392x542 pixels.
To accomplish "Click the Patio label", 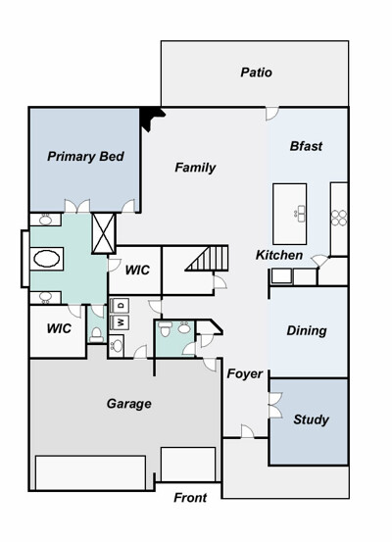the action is coord(256,73).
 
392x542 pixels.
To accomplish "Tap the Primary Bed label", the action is coord(85,156).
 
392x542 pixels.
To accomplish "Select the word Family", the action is coord(195,168).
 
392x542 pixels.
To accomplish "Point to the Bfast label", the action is coord(306,146).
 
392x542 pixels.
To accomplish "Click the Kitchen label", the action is coord(279,255).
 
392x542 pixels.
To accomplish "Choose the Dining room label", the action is coord(307,331).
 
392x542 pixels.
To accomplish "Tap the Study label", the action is coord(311,419).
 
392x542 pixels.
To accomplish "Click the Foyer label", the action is coord(245,373).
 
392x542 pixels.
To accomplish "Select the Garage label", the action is coord(129,404).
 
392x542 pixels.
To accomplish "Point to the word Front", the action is coord(190,498).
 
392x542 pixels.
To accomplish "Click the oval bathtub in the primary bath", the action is coord(47,259).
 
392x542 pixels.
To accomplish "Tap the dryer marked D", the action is coord(120,305).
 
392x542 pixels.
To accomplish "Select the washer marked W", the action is coord(120,322).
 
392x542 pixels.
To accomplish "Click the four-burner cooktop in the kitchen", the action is coord(339,219).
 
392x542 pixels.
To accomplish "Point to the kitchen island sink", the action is coord(300,214).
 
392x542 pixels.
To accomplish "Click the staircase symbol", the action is coord(207,258).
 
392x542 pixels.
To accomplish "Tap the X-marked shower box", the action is coord(103,233).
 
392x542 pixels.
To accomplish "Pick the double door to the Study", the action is coord(275,405).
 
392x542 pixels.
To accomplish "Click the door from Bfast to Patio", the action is coord(272,114).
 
